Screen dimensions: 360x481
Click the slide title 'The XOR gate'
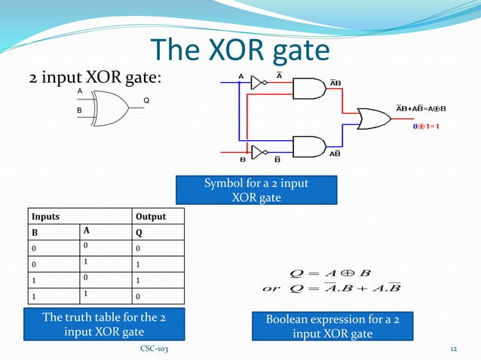tap(240, 50)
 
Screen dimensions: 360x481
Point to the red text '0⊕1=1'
tap(430, 127)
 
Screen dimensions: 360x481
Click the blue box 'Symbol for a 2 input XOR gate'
tap(256, 191)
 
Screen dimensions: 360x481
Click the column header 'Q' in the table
tap(138, 233)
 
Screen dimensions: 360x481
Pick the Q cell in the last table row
tap(138, 296)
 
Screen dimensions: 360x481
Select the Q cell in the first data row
tap(138, 249)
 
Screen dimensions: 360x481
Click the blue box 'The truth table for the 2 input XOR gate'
tap(105, 325)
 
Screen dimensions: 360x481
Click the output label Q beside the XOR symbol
tap(146, 101)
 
